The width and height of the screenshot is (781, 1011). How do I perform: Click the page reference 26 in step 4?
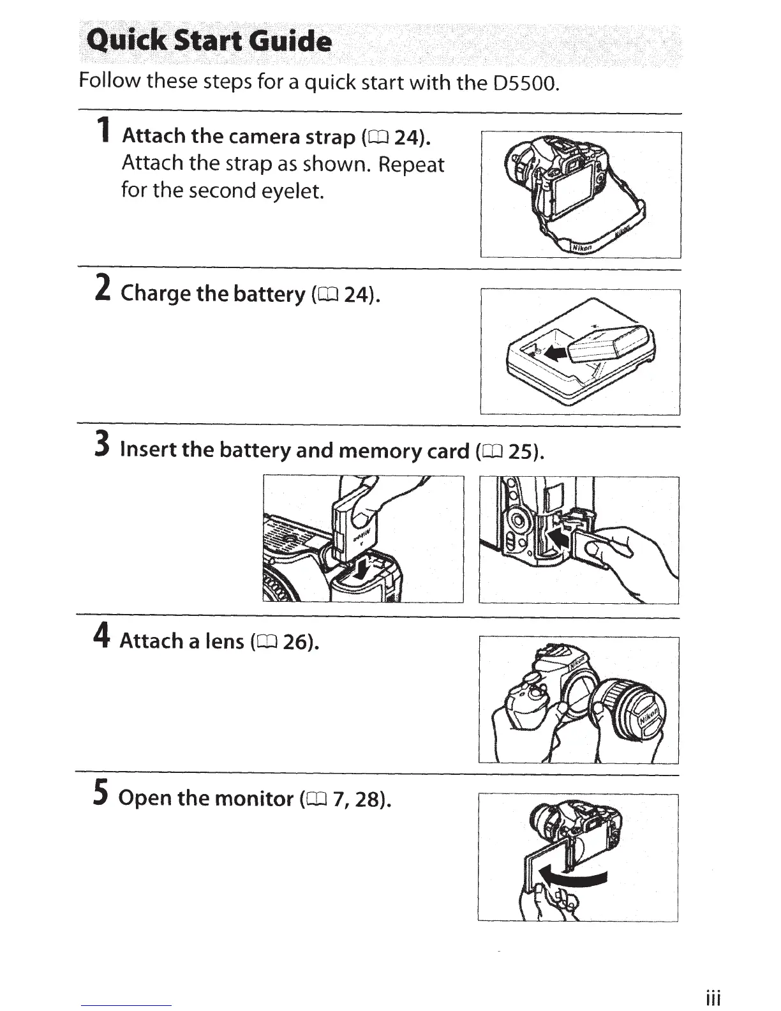pos(296,641)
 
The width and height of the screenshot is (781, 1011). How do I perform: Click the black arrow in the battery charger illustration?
pos(554,353)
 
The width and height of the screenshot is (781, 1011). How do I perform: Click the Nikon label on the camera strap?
pos(582,248)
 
